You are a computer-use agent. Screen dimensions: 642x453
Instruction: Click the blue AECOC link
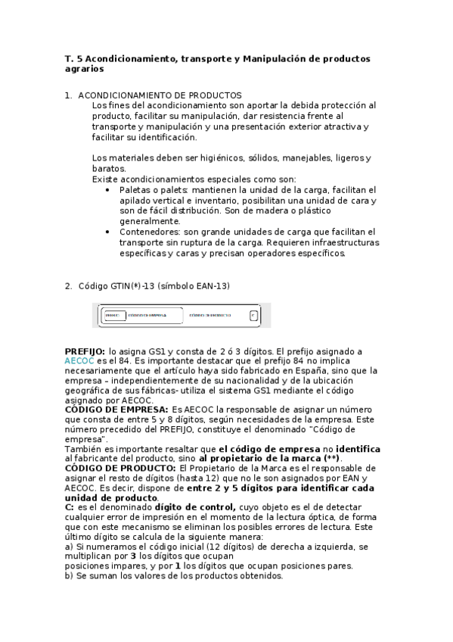tap(78, 362)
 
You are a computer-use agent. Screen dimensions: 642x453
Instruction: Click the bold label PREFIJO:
tap(85, 351)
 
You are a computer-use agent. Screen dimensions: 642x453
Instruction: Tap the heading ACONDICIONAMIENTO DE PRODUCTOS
tap(160, 95)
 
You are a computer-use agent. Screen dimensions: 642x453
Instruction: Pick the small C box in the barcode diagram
tap(254, 314)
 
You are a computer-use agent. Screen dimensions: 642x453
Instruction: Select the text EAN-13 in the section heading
tap(211, 285)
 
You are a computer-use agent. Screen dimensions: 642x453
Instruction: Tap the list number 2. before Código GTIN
tap(69, 285)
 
